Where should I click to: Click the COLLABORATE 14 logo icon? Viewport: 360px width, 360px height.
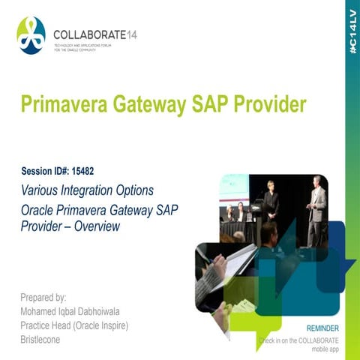(x=31, y=35)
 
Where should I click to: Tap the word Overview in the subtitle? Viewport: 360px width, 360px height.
(x=98, y=225)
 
